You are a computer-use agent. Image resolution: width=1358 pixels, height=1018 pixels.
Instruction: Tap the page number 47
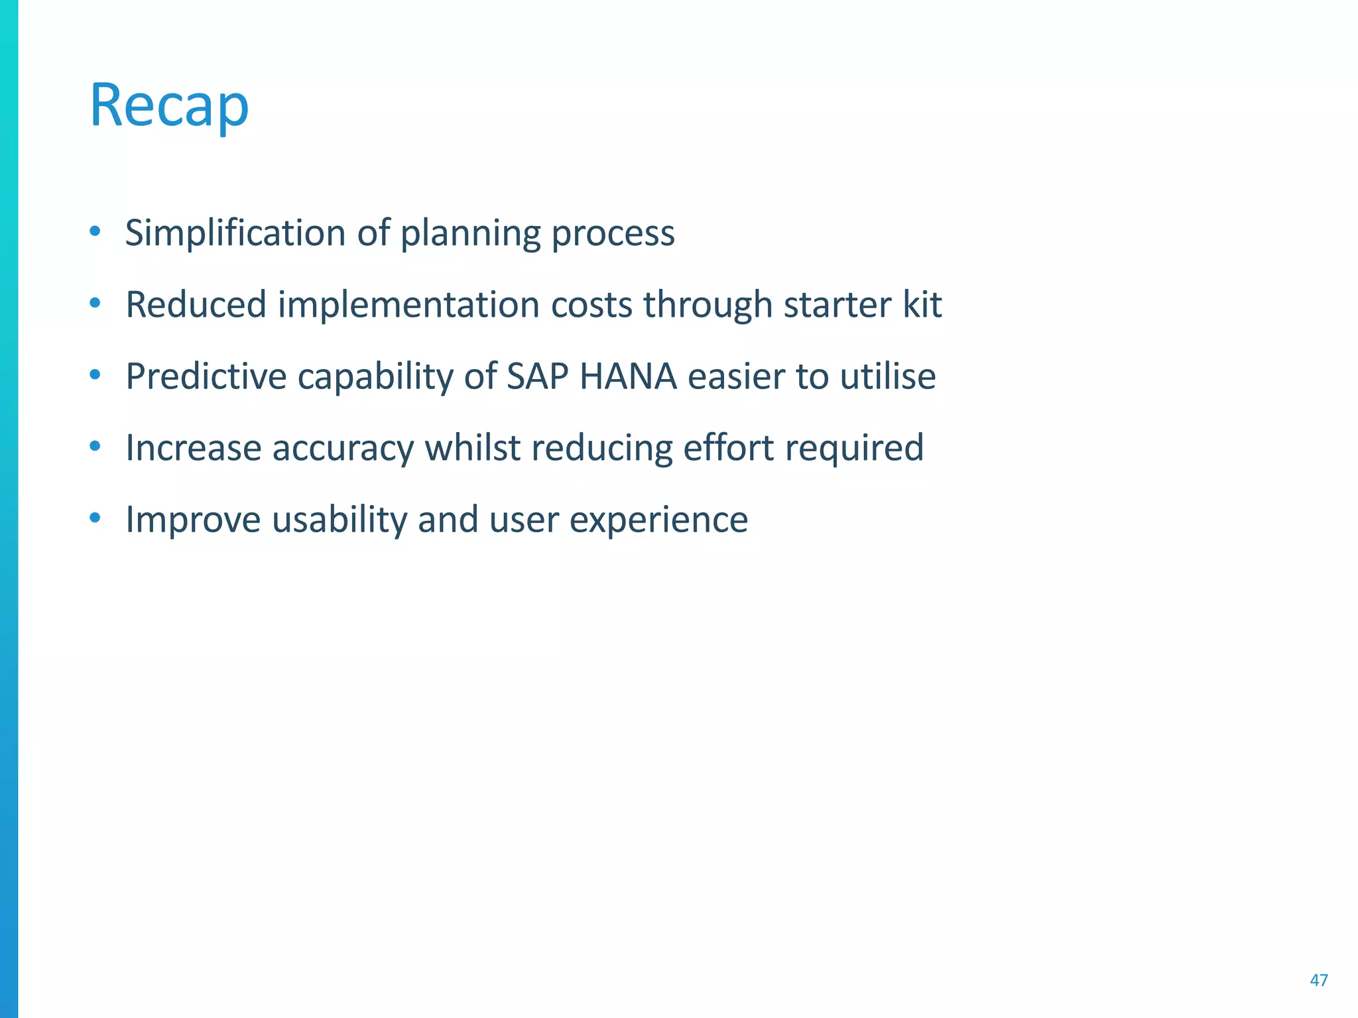click(x=1318, y=980)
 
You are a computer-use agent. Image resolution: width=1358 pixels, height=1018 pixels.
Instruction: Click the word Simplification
click(x=235, y=233)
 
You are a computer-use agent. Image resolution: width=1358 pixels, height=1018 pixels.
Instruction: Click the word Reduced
click(x=196, y=305)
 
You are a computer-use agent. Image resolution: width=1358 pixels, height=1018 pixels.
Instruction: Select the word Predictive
click(x=206, y=376)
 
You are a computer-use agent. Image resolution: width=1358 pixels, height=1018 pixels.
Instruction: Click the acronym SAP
click(x=537, y=376)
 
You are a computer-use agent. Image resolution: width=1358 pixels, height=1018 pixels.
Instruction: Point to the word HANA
click(x=628, y=376)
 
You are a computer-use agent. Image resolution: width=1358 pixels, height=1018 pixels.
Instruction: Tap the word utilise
click(x=888, y=376)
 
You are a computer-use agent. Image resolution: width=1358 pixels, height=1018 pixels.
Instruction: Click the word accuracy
click(x=343, y=448)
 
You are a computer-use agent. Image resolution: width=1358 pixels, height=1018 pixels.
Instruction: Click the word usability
click(x=339, y=520)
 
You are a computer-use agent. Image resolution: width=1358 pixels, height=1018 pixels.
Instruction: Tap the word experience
click(x=658, y=520)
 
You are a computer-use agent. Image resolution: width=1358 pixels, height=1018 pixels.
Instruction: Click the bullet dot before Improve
click(x=95, y=517)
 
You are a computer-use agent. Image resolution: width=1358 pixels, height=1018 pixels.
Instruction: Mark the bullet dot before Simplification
click(x=95, y=231)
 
